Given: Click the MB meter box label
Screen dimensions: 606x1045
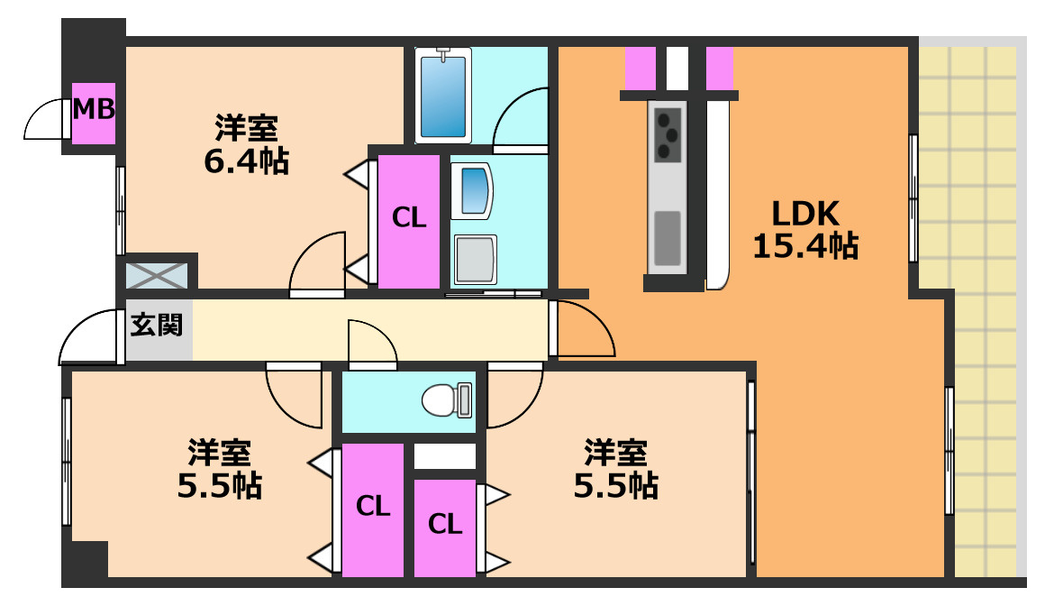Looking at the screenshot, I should (x=94, y=110).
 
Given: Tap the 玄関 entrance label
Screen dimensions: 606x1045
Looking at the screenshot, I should (x=157, y=326).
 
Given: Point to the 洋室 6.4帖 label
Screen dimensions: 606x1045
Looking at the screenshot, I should (x=245, y=144).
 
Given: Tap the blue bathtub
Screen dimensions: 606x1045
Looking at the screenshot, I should (x=443, y=94).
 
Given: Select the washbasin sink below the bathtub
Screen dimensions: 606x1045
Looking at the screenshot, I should (x=470, y=190).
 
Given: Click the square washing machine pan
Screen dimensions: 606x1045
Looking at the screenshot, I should (x=475, y=259).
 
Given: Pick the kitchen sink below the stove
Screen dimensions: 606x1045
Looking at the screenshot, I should (x=668, y=237).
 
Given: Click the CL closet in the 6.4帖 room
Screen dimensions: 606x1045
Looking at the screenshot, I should (x=408, y=220).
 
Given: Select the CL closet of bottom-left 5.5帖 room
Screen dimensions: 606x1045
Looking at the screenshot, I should (x=372, y=509).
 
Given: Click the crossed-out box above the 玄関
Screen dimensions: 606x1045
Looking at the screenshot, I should (x=157, y=274).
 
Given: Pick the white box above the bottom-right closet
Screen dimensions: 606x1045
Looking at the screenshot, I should (x=444, y=456).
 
